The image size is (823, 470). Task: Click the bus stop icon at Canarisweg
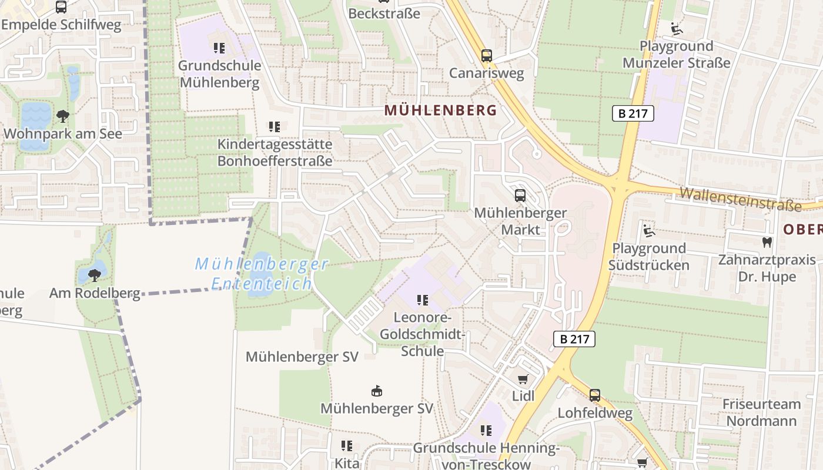click(486, 56)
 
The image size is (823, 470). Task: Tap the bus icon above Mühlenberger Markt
click(520, 196)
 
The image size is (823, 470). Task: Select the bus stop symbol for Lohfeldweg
click(595, 395)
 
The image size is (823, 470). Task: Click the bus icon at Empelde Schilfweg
click(61, 7)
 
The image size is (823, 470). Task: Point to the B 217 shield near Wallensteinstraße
click(633, 113)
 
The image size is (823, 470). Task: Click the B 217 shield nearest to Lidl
click(574, 338)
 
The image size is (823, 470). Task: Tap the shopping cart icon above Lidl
click(523, 380)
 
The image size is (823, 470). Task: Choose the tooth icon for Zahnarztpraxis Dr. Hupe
click(767, 241)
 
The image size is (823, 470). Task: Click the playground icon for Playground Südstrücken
click(648, 230)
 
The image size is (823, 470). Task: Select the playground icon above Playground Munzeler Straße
click(676, 28)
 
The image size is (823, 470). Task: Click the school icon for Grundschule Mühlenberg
click(219, 48)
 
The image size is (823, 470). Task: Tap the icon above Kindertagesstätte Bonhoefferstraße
click(274, 126)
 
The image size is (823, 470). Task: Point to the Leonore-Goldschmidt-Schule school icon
click(422, 300)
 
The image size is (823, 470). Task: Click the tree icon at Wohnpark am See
click(62, 116)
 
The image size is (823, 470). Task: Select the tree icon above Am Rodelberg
click(94, 274)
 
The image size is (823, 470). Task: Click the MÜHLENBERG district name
click(441, 110)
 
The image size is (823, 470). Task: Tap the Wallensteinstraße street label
click(741, 199)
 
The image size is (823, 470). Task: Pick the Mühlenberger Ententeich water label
click(262, 274)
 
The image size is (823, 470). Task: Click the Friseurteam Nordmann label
click(761, 412)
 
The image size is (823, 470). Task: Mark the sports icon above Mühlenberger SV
click(376, 391)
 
